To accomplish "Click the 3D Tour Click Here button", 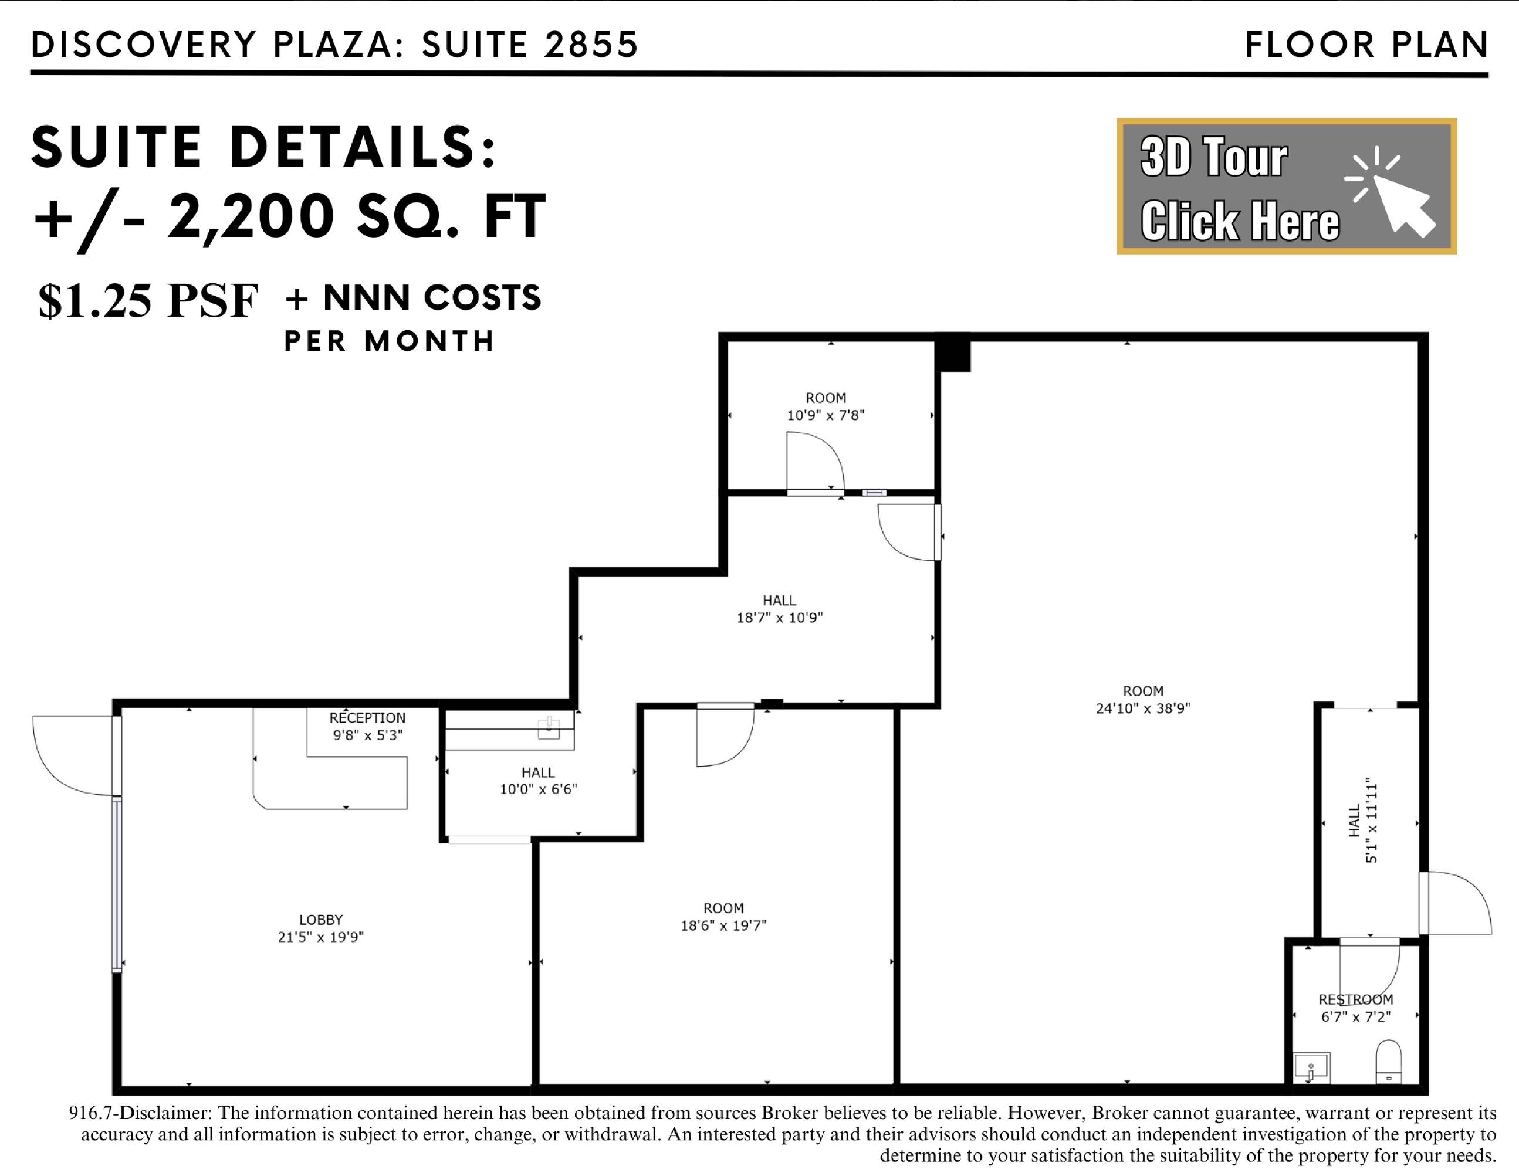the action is pos(1287,187).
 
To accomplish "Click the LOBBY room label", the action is pos(320,919).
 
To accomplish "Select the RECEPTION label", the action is pos(367,717).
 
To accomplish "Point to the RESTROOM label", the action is pos(1355,999).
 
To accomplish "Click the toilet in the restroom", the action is pos(1389,1061).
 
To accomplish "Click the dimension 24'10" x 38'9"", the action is pos(1143,708).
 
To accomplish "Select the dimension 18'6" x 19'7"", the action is pos(723,925).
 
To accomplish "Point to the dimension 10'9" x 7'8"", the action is pos(826,415).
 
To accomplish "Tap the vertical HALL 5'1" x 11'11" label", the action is pos(1362,821).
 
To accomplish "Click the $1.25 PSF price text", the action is pos(148,301).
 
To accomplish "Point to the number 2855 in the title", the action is pos(591,45).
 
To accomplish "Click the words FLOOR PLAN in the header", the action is pos(1366,45).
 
